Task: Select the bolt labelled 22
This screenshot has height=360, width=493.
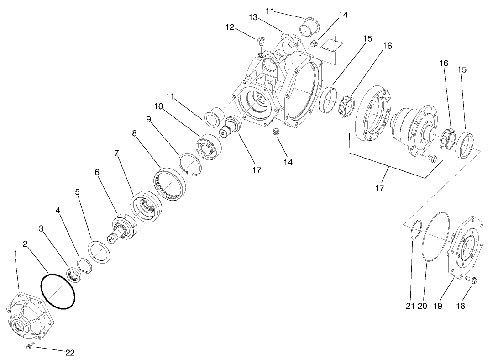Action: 30,347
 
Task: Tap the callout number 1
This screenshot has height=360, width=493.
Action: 15,253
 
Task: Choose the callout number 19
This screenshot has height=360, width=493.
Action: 438,306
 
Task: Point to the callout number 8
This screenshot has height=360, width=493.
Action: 134,133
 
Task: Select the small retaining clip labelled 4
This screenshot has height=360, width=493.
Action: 85,266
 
